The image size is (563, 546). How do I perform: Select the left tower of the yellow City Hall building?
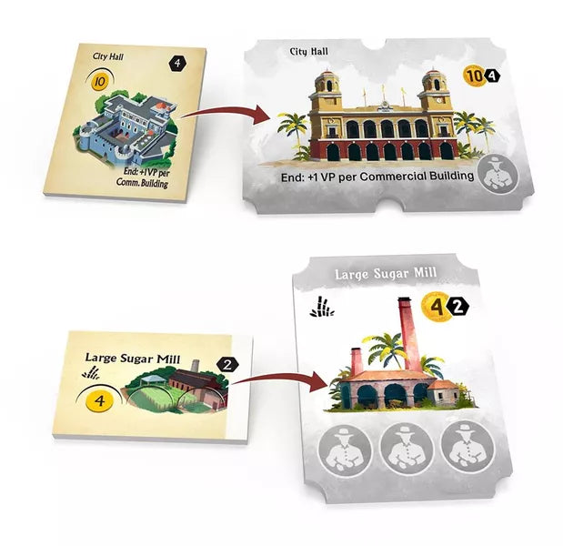click(x=327, y=95)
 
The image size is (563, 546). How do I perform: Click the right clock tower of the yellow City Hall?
click(x=437, y=95)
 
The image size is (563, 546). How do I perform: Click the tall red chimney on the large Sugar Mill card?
click(x=400, y=328)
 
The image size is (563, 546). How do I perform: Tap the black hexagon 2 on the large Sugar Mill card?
click(x=459, y=308)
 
